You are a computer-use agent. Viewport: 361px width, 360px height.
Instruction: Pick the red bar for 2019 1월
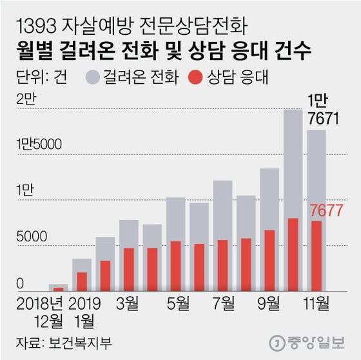[82, 282]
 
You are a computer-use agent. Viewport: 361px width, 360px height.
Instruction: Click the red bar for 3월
[128, 270]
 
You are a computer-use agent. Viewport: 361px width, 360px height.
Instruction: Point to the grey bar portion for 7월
[222, 210]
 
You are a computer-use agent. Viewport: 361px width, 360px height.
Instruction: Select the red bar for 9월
[269, 261]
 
